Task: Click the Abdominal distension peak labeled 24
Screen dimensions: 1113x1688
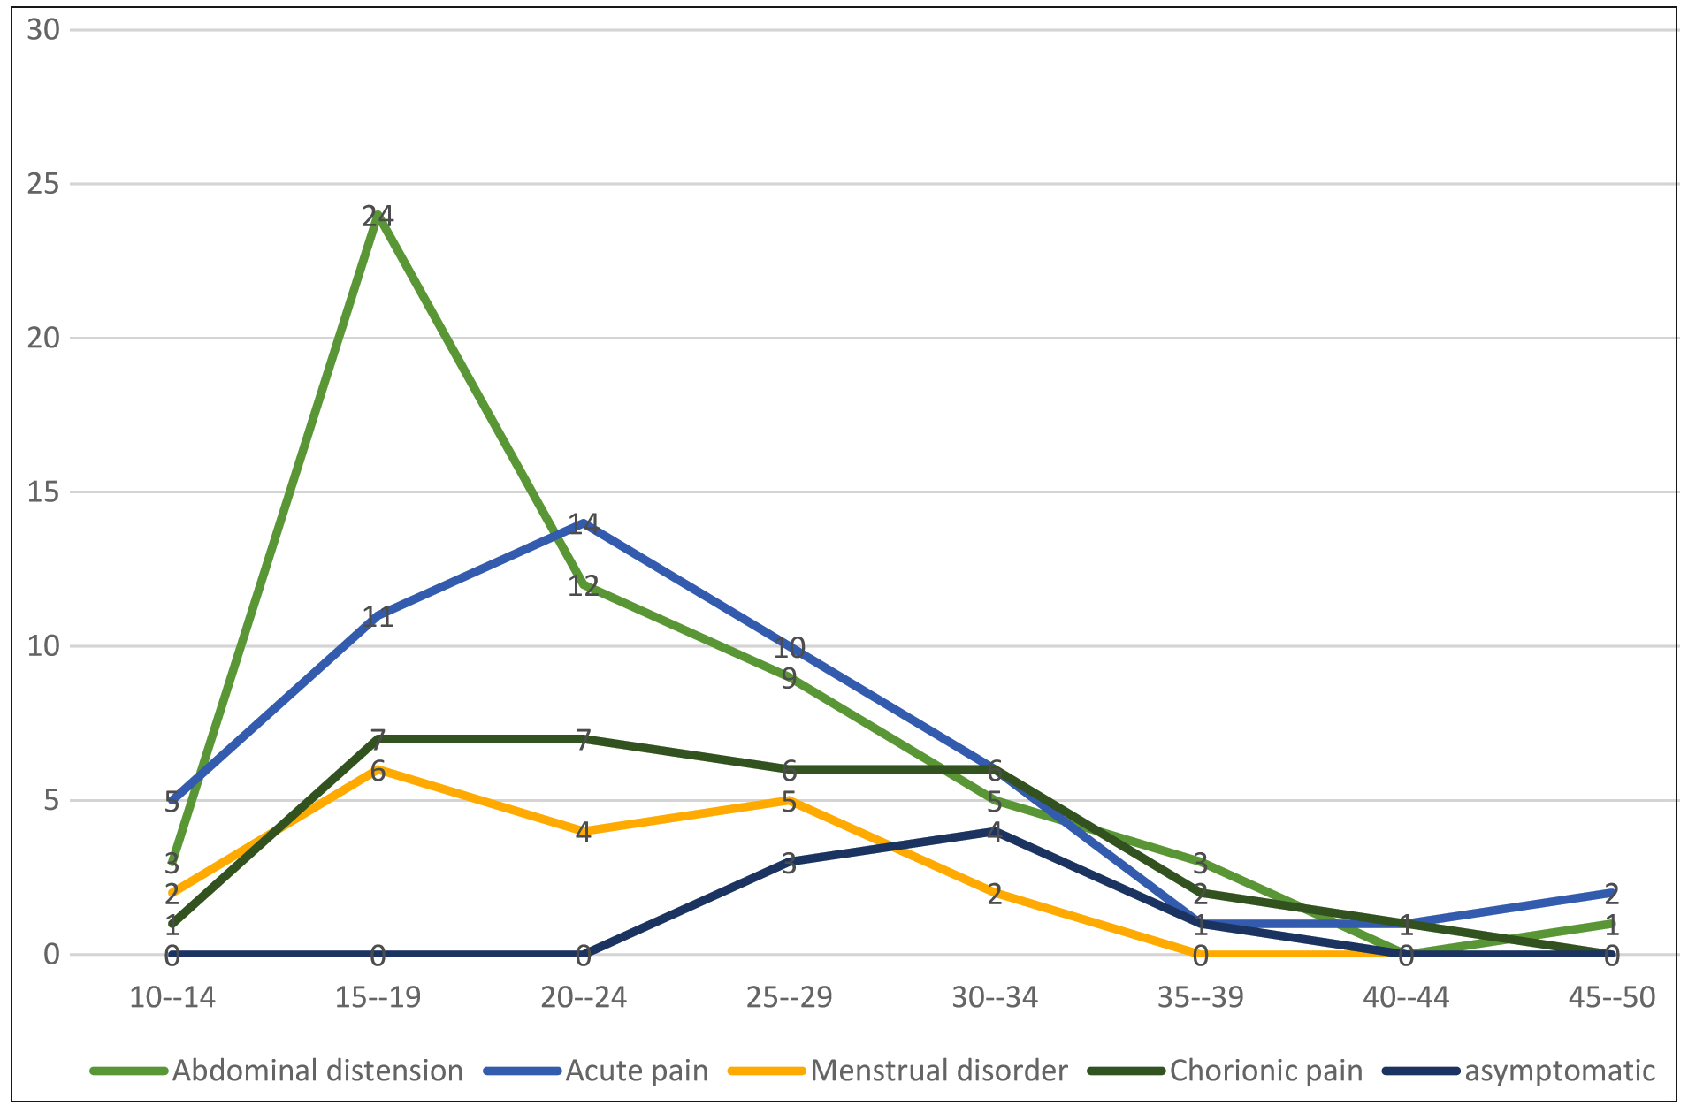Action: click(x=378, y=215)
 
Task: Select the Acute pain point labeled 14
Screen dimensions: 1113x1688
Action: click(x=584, y=523)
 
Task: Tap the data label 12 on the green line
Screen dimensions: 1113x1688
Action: click(x=584, y=585)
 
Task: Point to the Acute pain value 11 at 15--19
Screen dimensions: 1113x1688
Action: click(x=378, y=616)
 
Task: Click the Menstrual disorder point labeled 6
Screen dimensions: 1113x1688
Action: click(x=378, y=770)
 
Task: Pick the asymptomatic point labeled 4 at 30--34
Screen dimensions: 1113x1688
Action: click(x=995, y=832)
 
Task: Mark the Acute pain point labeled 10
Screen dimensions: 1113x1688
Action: click(x=790, y=647)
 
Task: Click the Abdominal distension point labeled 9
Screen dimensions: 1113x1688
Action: click(x=790, y=678)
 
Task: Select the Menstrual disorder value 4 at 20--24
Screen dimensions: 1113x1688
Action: click(x=584, y=832)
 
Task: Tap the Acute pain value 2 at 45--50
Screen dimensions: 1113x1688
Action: click(x=1611, y=893)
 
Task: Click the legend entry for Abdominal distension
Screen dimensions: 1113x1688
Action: click(x=317, y=1071)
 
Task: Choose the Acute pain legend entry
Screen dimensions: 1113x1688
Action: click(x=636, y=1071)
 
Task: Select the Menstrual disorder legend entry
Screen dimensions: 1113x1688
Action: click(x=938, y=1071)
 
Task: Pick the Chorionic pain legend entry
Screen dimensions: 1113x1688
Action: click(x=1265, y=1071)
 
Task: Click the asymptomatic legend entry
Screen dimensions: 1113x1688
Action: click(x=1559, y=1071)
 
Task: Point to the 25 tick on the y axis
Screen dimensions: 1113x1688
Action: click(x=43, y=184)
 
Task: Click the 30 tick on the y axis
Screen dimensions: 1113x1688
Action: click(x=43, y=30)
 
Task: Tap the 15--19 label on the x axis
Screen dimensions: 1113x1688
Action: click(x=378, y=998)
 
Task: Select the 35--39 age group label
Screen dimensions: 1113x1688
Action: click(x=1200, y=998)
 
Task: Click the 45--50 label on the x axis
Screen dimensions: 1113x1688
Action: click(x=1611, y=998)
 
